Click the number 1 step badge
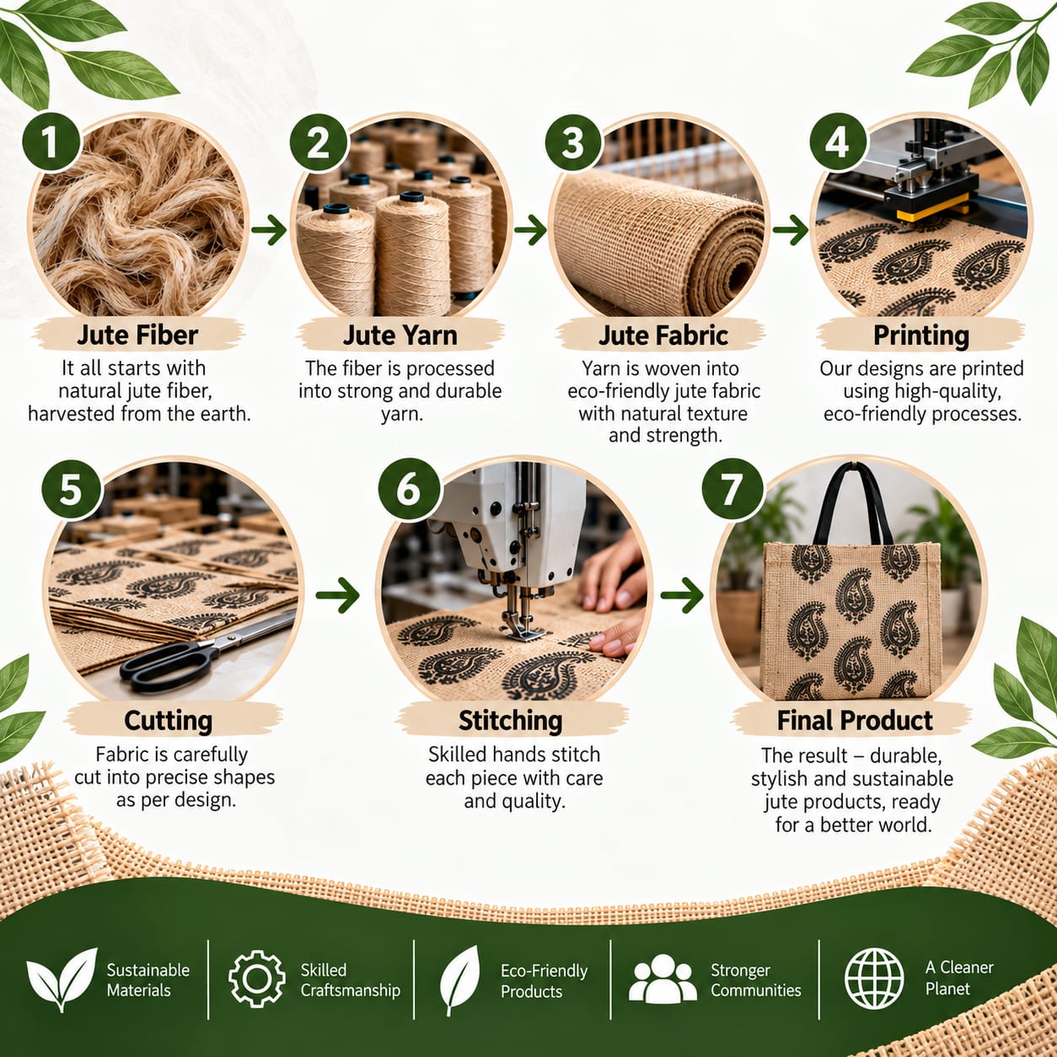pos(51,142)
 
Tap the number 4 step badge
pos(838,142)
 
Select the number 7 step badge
pos(732,489)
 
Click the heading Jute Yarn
pos(400,335)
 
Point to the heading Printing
pos(921,335)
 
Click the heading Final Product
pos(855,720)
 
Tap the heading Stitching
pos(510,721)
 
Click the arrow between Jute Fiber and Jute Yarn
pos(269,230)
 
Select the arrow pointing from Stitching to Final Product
pos(682,594)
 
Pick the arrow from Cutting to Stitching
pos(337,594)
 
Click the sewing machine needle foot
pos(524,634)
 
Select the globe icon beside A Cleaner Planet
pos(874,978)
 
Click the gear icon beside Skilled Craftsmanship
pos(256,979)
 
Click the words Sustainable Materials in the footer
pos(148,979)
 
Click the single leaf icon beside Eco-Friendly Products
pos(459,979)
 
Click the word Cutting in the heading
pos(168,721)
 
